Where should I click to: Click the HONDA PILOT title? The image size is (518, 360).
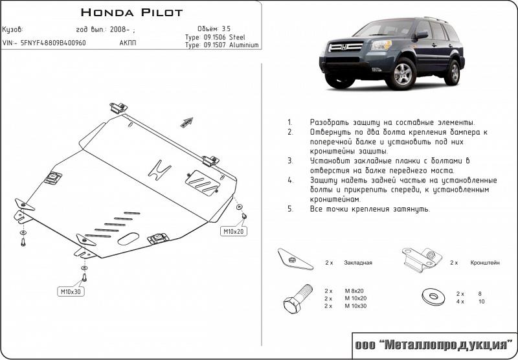tap(131, 12)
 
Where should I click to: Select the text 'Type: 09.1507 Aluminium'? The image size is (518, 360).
tap(221, 45)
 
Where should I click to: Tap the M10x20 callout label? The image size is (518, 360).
tap(234, 231)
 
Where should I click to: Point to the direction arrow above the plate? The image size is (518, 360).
tap(188, 121)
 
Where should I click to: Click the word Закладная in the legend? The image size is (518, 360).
tap(358, 264)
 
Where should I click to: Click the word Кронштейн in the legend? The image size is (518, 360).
tap(486, 264)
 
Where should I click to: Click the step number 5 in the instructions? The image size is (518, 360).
tap(290, 209)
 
